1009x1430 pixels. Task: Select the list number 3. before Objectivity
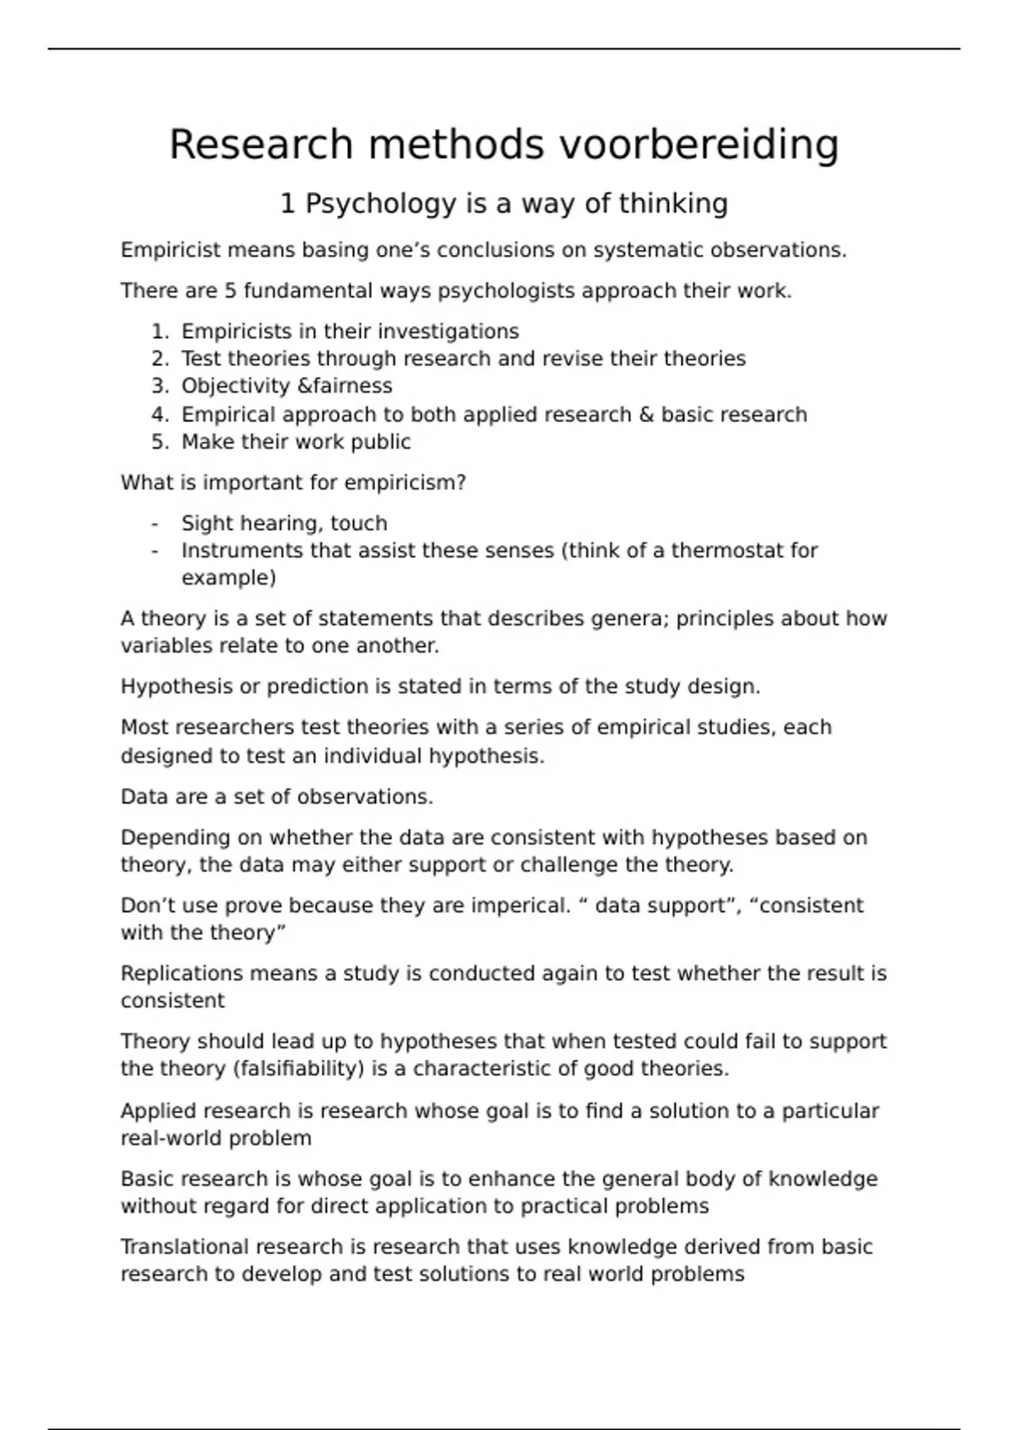(161, 386)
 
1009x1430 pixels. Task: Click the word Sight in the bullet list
(202, 523)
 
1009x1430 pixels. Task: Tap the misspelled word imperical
(520, 906)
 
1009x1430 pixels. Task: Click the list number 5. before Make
(161, 442)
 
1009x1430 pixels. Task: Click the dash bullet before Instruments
(155, 551)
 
